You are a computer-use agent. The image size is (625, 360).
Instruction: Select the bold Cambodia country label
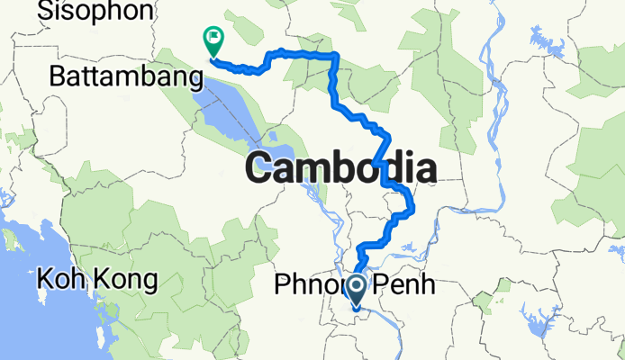coord(340,168)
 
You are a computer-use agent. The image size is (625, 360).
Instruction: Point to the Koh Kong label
coord(97,280)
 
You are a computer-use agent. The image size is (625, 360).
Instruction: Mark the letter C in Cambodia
coord(261,169)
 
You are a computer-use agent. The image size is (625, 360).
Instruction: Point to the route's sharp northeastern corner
coord(336,56)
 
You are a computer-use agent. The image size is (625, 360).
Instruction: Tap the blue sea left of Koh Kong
coord(18,297)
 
